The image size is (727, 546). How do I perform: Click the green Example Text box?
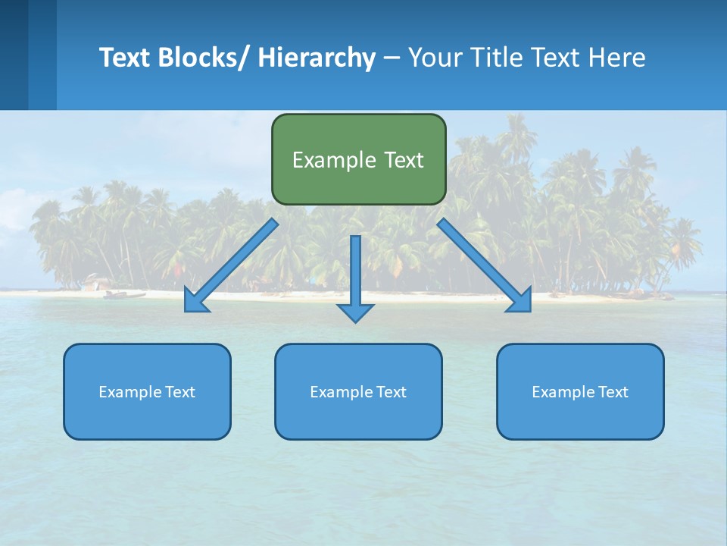(358, 159)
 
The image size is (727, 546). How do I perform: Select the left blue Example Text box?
(147, 391)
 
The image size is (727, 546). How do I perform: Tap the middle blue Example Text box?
(358, 391)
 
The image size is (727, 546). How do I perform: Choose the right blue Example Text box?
(580, 391)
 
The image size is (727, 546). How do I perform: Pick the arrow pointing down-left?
(231, 265)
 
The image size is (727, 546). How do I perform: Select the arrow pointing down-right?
(485, 265)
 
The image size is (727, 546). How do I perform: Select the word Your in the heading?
(435, 58)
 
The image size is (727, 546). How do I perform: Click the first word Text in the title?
(126, 58)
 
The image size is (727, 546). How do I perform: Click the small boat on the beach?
(124, 294)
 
